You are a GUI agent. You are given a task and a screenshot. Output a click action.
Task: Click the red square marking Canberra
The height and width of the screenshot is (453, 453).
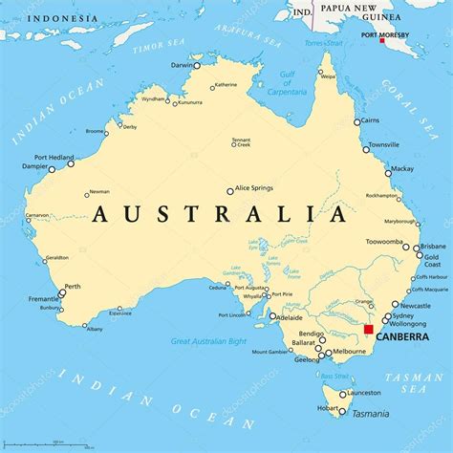369,329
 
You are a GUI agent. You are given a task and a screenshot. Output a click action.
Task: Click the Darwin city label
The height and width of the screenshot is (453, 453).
180,65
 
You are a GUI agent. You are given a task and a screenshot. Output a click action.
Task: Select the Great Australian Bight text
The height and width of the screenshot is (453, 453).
208,340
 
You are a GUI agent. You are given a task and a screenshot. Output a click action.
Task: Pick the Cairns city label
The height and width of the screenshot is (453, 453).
376,122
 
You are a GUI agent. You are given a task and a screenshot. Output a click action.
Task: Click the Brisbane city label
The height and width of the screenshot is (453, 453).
434,245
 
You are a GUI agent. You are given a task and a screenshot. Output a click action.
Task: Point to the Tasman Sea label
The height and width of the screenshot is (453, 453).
415,383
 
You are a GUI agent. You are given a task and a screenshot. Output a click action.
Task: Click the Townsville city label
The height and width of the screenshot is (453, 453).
384,144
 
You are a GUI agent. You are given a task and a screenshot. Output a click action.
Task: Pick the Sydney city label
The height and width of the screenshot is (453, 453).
402,315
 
